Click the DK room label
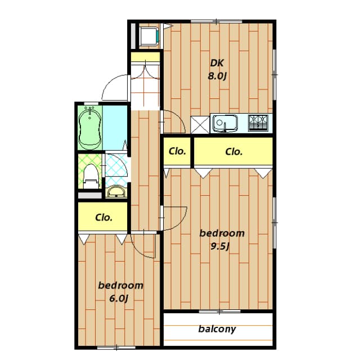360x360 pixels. coord(218,63)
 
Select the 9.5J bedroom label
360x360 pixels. coord(223,233)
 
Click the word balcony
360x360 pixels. coord(217,329)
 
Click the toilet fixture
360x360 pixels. coord(91,174)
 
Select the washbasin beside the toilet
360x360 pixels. coord(116,192)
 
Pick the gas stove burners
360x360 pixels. coord(259,123)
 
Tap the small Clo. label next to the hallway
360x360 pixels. coord(178,151)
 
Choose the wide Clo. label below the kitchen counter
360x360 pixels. coord(233,151)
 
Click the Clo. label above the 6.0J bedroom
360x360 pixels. coord(103,217)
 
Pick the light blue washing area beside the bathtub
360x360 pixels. coord(115,127)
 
